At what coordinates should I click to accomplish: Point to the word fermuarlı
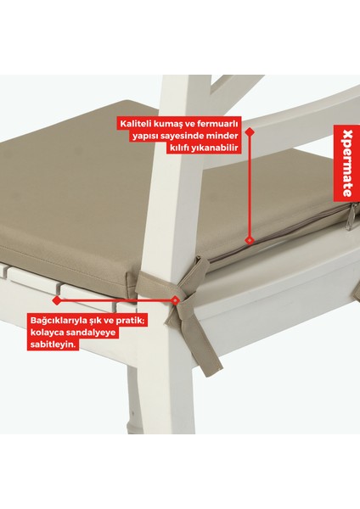(219, 124)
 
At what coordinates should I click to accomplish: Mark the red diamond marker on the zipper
(249, 240)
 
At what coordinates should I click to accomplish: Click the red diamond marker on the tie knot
(175, 299)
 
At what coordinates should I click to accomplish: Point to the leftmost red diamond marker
(56, 299)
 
